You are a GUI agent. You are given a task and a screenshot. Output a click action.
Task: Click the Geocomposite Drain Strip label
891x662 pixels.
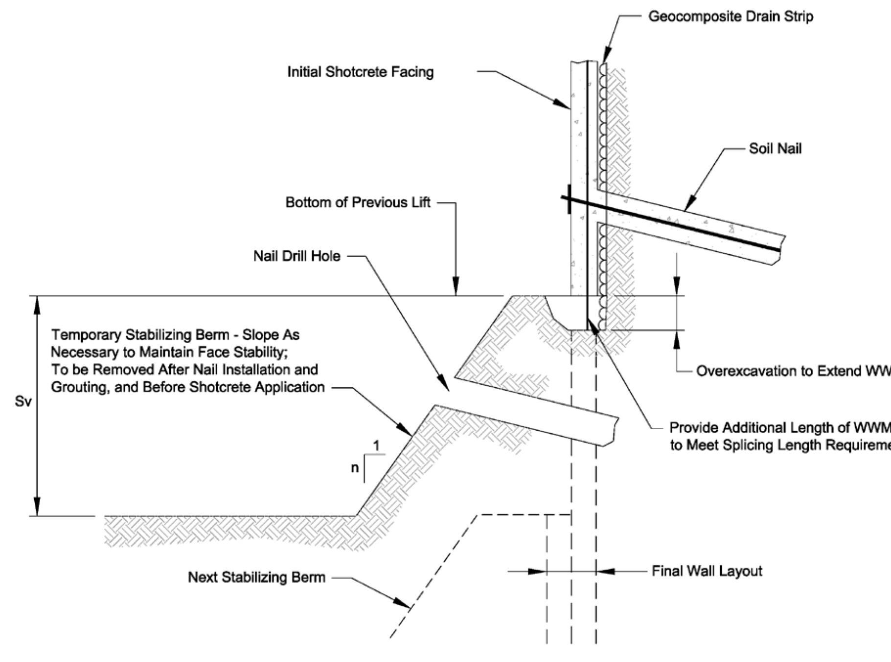point(731,17)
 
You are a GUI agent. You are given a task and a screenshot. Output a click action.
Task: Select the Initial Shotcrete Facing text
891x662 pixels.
point(360,72)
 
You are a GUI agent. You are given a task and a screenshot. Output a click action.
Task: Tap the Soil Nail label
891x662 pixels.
point(775,149)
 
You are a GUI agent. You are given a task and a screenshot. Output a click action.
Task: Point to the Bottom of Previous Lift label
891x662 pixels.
point(358,202)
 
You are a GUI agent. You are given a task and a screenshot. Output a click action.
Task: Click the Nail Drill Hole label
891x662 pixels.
point(297,256)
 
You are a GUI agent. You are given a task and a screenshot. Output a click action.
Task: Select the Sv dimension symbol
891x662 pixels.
point(23,401)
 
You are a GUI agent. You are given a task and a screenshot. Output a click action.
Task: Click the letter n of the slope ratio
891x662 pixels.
point(355,468)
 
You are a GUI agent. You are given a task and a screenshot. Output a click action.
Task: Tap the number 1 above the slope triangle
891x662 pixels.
point(376,446)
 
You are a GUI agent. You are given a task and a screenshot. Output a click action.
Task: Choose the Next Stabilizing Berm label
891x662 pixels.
point(256,577)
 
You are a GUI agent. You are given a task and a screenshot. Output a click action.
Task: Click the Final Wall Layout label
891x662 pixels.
point(707,571)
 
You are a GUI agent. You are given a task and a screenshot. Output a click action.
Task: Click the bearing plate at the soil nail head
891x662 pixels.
point(569,199)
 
